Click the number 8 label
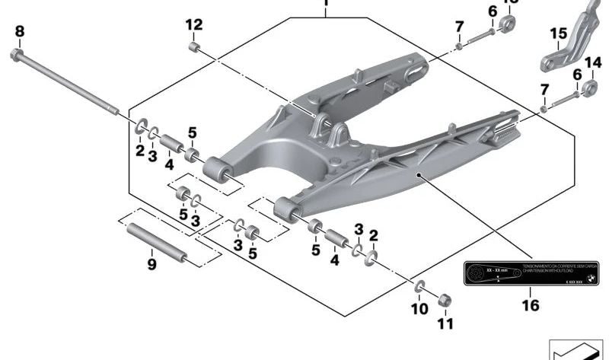coord(20,31)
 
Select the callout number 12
coord(194,24)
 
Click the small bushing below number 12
coord(194,48)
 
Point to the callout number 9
coord(151,265)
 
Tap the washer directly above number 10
coord(419,287)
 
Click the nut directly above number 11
coord(446,299)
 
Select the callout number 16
coord(530,305)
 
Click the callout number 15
coord(558,33)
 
